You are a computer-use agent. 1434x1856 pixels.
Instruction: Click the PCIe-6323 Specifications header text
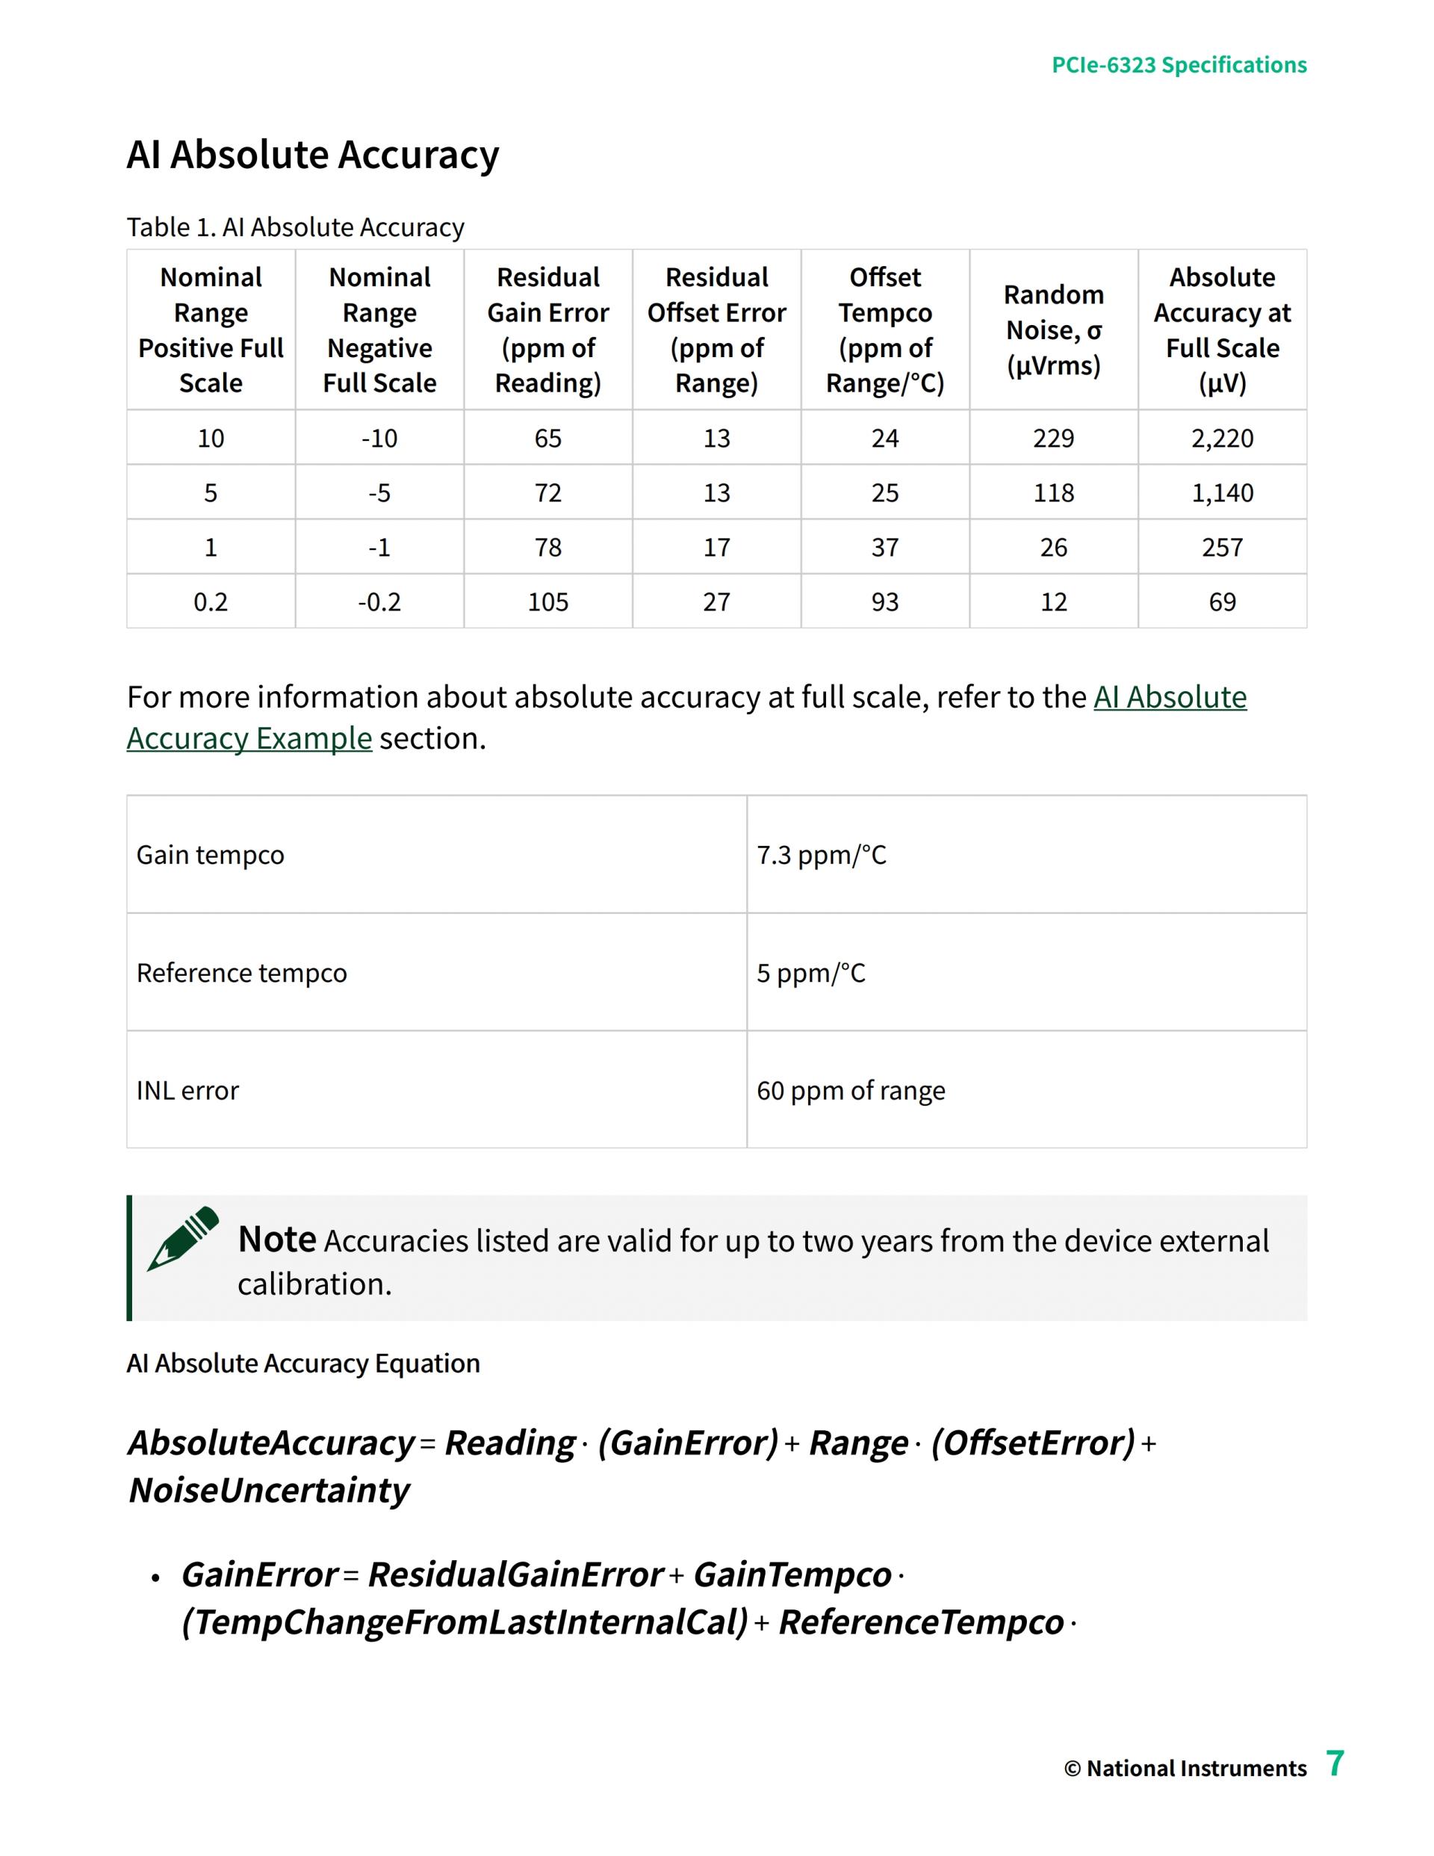[x=1179, y=66]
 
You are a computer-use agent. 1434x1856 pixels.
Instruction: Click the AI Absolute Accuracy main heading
[x=313, y=155]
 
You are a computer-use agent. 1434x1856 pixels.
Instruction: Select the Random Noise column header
[x=1053, y=330]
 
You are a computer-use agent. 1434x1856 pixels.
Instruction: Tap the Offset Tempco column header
[x=884, y=330]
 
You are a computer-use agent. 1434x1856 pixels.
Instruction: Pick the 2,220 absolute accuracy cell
[x=1222, y=439]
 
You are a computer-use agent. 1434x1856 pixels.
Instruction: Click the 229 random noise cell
[x=1053, y=439]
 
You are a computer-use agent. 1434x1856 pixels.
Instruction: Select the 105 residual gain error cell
[x=548, y=602]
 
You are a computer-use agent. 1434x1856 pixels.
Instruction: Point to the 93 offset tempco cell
[x=884, y=602]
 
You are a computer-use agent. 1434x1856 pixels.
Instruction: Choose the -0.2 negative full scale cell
[x=379, y=602]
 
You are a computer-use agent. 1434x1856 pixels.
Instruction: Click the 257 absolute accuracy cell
[x=1222, y=547]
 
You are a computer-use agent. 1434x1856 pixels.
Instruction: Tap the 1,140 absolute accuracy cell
[x=1222, y=493]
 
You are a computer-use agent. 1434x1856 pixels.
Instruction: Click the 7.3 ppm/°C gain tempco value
[x=821, y=855]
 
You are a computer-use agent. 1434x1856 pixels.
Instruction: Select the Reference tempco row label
[x=241, y=973]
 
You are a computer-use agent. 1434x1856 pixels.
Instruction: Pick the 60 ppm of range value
[x=851, y=1090]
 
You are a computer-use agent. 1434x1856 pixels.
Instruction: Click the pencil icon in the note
[x=183, y=1238]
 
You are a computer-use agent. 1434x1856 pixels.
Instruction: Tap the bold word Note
[x=277, y=1240]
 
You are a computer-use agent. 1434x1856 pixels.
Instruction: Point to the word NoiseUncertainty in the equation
[x=270, y=1491]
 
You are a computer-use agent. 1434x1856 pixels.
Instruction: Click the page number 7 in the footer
[x=1335, y=1763]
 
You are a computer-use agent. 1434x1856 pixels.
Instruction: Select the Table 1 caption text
[x=295, y=228]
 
